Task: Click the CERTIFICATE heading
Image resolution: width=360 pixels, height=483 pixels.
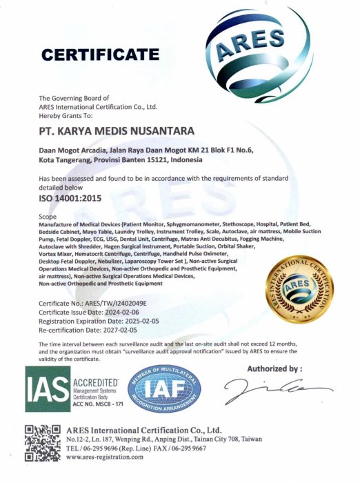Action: point(100,53)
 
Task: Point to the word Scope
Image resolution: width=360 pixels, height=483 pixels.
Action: point(48,217)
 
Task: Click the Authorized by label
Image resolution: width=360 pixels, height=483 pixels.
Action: point(274,369)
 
